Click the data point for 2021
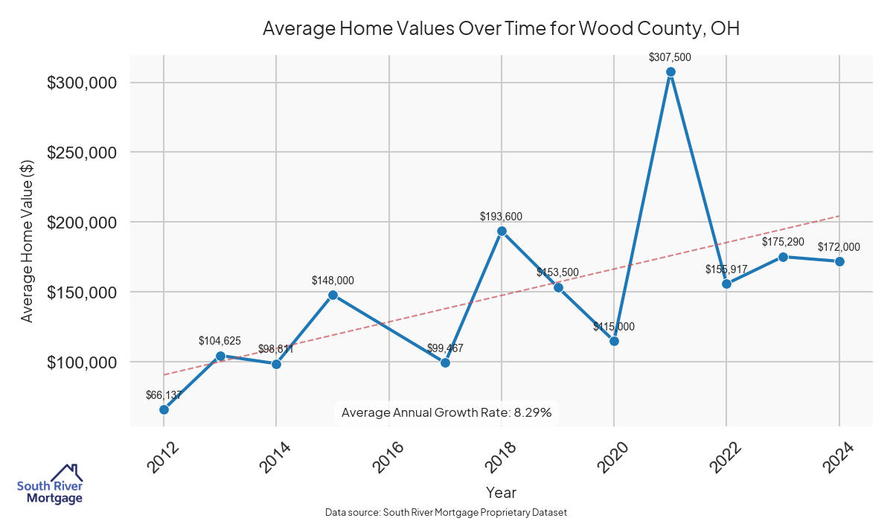[x=670, y=72]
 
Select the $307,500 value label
[x=670, y=57]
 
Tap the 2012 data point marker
[x=164, y=409]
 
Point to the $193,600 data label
[x=502, y=217]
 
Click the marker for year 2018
[x=502, y=231]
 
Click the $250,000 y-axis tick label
[x=82, y=153]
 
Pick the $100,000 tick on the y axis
[x=82, y=362]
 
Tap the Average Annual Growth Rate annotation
[x=446, y=412]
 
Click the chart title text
[x=501, y=29]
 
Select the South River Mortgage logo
[x=50, y=485]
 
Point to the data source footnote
[x=446, y=512]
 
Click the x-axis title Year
[x=501, y=492]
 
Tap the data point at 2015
[x=333, y=295]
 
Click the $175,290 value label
[x=783, y=242]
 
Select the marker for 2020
[x=614, y=341]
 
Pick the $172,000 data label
[x=839, y=247]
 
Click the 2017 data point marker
[x=445, y=362]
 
